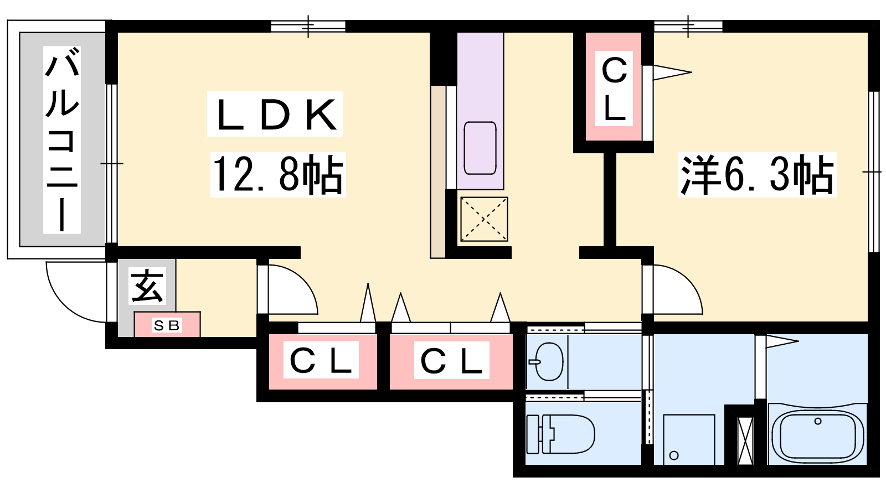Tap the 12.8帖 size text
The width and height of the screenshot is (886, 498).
[x=278, y=175]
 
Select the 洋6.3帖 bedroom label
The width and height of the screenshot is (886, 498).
[x=757, y=175]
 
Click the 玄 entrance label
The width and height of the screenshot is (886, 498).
[x=147, y=286]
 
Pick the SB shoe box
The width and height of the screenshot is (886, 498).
[x=167, y=324]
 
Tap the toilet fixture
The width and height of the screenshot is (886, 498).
[x=561, y=434]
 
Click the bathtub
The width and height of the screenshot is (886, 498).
[x=817, y=434]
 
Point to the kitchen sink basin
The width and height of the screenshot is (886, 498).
[x=480, y=148]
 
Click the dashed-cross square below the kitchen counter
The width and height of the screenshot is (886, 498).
[x=484, y=219]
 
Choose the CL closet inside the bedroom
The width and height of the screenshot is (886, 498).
[x=614, y=87]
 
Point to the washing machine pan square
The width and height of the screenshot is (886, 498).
[x=689, y=439]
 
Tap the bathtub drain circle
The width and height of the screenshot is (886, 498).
[x=818, y=421]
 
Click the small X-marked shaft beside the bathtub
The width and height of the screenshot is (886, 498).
[x=745, y=440]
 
